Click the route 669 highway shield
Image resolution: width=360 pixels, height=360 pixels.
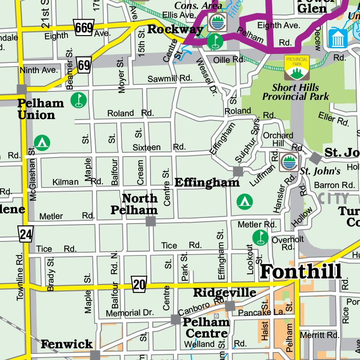[x=84, y=28]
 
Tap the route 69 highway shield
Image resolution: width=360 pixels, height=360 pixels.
[x=84, y=65]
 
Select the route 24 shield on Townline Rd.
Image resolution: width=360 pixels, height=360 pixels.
[x=25, y=233]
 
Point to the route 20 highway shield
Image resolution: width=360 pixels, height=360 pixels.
[x=139, y=284]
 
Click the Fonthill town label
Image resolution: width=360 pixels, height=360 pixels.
[x=300, y=271]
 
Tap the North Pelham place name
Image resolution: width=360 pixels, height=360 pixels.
[x=134, y=204]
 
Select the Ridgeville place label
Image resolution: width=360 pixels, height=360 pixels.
[x=225, y=293]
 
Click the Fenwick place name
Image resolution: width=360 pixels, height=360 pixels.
[x=67, y=345]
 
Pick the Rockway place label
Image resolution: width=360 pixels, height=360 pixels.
[x=175, y=30]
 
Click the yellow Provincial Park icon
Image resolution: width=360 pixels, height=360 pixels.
[x=296, y=67]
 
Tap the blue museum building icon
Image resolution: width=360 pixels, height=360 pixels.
[x=338, y=38]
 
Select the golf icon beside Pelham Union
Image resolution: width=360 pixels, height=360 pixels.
[x=79, y=100]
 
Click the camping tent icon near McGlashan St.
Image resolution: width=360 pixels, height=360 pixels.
[x=43, y=142]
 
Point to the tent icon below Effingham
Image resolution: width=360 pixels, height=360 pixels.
[x=243, y=201]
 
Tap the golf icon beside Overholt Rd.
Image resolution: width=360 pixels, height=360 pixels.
[x=260, y=237]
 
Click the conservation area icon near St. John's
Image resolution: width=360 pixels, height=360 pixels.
[x=289, y=162]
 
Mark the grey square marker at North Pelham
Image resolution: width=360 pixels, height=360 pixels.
[x=150, y=221]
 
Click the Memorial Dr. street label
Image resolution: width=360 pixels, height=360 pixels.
[x=129, y=313]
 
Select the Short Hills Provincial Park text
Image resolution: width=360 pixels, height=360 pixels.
[x=295, y=92]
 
